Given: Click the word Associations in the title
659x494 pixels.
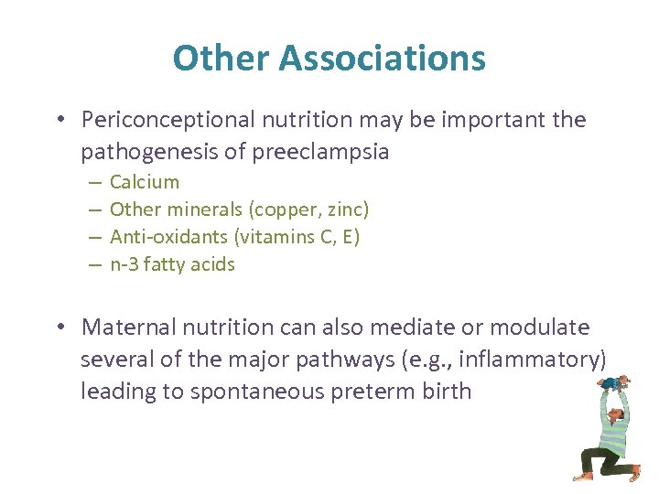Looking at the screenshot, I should pos(383,59).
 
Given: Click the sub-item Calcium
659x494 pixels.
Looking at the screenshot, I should pos(145,182).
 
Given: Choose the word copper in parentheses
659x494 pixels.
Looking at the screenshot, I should pos(279,209).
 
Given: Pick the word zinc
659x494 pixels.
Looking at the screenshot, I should pos(345,209).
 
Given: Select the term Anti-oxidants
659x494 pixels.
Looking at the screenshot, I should pos(169,237).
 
